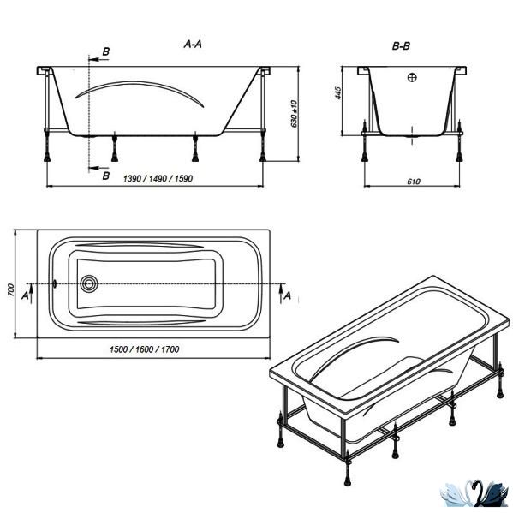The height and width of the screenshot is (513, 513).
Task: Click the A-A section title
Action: click(x=193, y=45)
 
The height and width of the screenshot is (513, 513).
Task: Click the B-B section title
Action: click(x=401, y=46)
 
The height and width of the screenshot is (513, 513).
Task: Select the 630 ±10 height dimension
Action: click(x=294, y=114)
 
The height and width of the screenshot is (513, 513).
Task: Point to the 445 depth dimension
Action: click(x=338, y=93)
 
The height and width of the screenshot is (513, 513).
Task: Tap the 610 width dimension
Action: click(x=413, y=182)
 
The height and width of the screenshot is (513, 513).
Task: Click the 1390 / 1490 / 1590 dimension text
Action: click(x=158, y=179)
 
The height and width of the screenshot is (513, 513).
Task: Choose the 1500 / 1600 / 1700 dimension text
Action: click(x=144, y=349)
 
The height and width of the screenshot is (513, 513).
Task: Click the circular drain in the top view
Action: click(x=89, y=283)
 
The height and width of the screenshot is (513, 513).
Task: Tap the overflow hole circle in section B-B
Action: click(x=412, y=78)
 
